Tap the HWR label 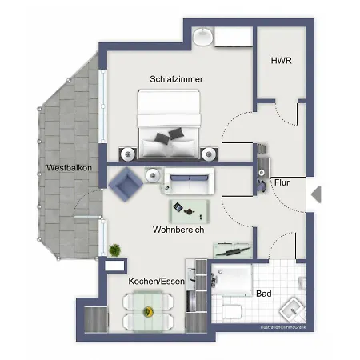click(x=280, y=60)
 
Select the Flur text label click(x=282, y=182)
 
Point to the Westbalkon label click(x=70, y=168)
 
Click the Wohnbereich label click(x=178, y=230)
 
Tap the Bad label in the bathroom click(x=263, y=294)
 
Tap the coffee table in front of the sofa click(x=190, y=211)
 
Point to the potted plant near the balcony click(x=115, y=250)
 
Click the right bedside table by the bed click(x=210, y=152)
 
